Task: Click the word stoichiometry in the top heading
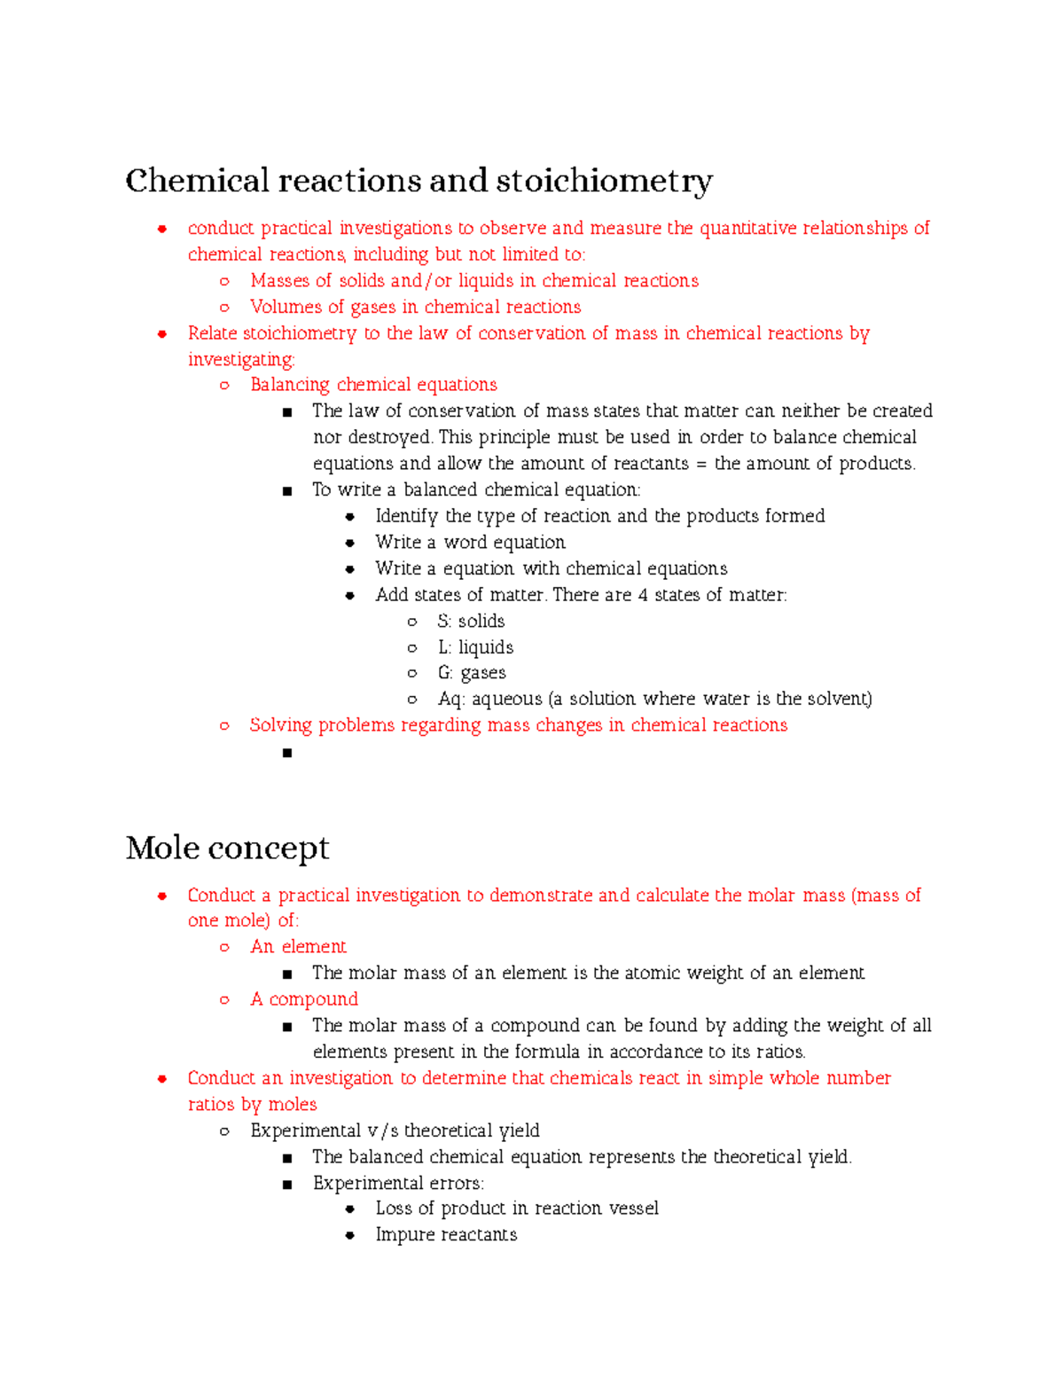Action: (x=603, y=181)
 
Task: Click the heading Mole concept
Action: (x=227, y=848)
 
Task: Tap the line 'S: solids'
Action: (x=471, y=621)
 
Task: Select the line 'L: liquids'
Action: (x=475, y=647)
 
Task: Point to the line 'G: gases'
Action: (x=472, y=673)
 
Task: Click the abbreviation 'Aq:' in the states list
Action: (x=450, y=699)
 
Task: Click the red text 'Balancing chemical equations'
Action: (x=373, y=385)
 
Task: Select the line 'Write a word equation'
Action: (x=470, y=542)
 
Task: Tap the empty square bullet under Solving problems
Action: (x=286, y=753)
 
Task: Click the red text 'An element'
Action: (x=298, y=947)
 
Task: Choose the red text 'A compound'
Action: (x=304, y=999)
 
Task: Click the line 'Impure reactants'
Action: (x=446, y=1234)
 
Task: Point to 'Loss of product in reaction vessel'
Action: (x=517, y=1209)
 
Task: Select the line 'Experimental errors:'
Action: (x=398, y=1183)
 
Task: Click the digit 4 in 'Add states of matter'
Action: (x=643, y=595)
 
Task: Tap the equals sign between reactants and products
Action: (x=701, y=464)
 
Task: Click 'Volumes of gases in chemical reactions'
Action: (x=415, y=307)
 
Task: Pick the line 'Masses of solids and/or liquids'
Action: (x=474, y=281)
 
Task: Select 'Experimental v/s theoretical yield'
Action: (x=395, y=1131)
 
